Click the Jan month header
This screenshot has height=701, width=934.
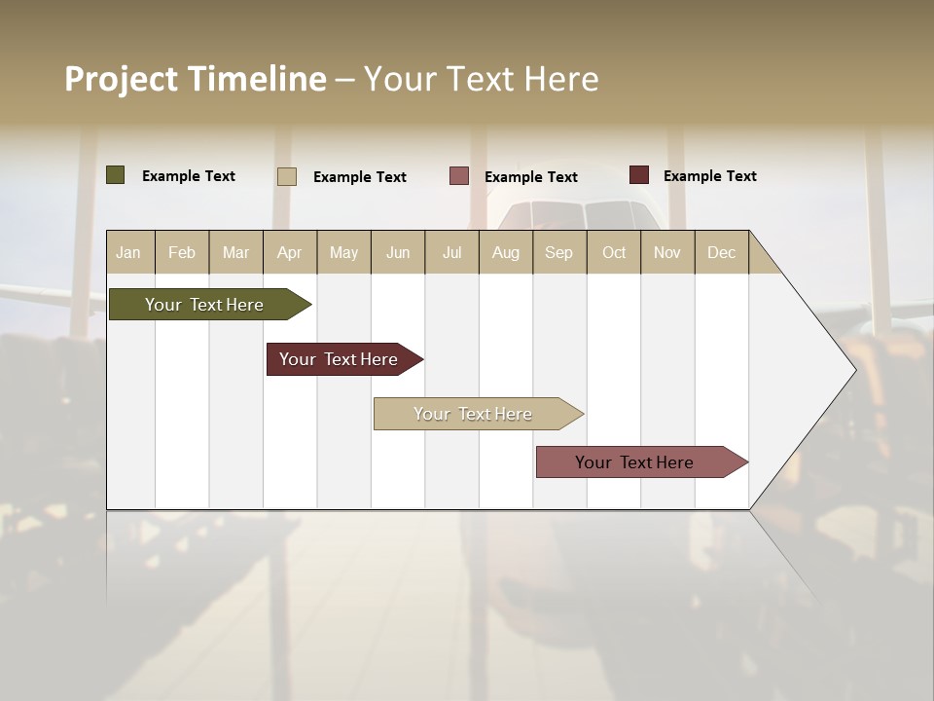[x=128, y=252]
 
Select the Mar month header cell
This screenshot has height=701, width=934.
[x=235, y=252]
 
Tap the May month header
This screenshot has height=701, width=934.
[x=343, y=252]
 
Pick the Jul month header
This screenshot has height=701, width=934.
[x=451, y=252]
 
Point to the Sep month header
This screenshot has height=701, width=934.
[x=558, y=252]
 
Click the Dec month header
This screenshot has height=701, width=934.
[x=721, y=252]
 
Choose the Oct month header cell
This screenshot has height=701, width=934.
[x=613, y=252]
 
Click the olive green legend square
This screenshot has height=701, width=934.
[x=115, y=175]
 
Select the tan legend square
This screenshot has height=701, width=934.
[x=286, y=176]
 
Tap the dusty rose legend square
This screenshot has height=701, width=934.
[x=459, y=176]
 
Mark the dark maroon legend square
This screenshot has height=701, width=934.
[x=638, y=175]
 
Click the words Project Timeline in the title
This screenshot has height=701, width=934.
[x=196, y=79]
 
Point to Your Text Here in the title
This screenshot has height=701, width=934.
[x=482, y=79]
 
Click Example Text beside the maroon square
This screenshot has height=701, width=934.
[x=709, y=176]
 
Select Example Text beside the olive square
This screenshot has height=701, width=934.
[x=189, y=176]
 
